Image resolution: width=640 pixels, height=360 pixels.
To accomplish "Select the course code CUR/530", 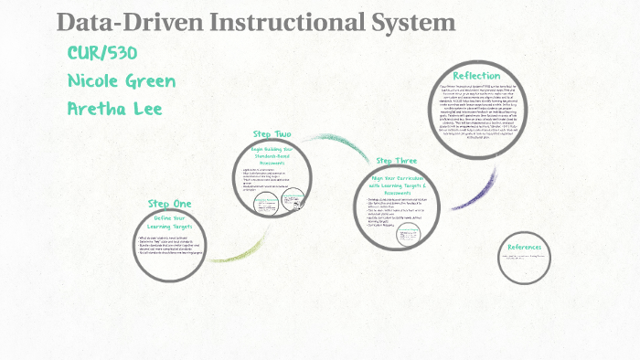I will click(102, 53).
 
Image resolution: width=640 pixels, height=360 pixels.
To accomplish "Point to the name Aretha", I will click(98, 110).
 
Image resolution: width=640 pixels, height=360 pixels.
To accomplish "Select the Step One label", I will click(170, 203).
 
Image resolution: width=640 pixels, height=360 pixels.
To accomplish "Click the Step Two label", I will click(273, 134).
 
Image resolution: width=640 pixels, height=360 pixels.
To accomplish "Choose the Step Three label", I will click(396, 161).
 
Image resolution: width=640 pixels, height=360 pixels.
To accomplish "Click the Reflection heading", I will click(476, 75).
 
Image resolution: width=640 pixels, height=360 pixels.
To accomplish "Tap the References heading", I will click(525, 247).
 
